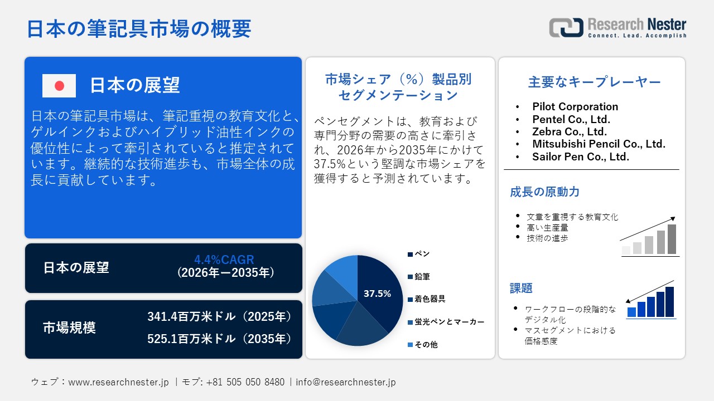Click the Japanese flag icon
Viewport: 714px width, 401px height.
pyautogui.click(x=59, y=85)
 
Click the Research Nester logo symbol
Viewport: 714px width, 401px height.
pyautogui.click(x=566, y=28)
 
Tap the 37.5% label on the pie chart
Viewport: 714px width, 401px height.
pyautogui.click(x=377, y=294)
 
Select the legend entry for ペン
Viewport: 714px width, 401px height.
pyautogui.click(x=419, y=254)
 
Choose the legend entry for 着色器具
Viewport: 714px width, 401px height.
pyautogui.click(x=430, y=299)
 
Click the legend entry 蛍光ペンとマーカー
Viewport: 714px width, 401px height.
pyautogui.click(x=449, y=322)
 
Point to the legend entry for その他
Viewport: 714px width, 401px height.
pyautogui.click(x=426, y=345)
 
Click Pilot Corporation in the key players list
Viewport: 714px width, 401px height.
pyautogui.click(x=575, y=106)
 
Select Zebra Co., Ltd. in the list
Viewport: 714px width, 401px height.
pyautogui.click(x=569, y=131)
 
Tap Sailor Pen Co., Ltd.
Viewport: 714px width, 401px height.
pyautogui.click(x=580, y=157)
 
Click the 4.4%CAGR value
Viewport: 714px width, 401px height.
pyautogui.click(x=224, y=260)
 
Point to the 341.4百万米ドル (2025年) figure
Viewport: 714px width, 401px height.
pyautogui.click(x=220, y=317)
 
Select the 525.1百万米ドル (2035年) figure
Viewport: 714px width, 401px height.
pyautogui.click(x=220, y=339)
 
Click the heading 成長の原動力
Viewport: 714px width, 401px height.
pyautogui.click(x=544, y=192)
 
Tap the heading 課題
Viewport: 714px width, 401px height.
pyautogui.click(x=521, y=288)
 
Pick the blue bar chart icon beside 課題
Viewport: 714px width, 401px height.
pyautogui.click(x=650, y=300)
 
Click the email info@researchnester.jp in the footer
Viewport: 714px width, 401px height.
pyautogui.click(x=345, y=382)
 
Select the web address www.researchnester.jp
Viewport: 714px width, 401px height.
pyautogui.click(x=118, y=382)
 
